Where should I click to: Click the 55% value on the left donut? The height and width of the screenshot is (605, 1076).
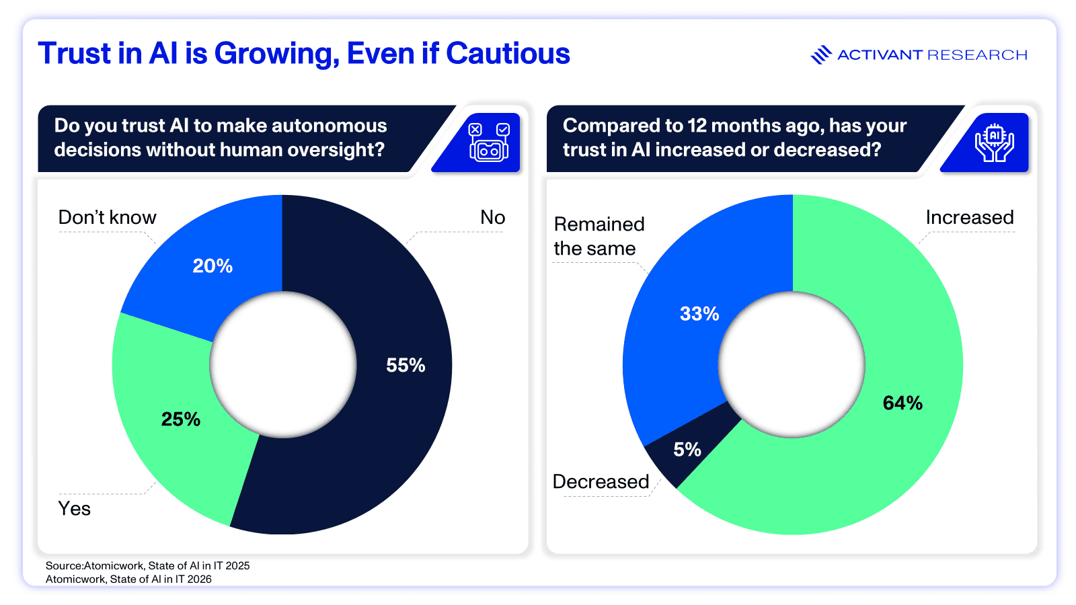406,365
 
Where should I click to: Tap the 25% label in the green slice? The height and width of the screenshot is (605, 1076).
181,419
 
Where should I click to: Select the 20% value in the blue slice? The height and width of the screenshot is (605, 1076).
213,266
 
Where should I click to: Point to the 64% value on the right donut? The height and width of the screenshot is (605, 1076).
902,403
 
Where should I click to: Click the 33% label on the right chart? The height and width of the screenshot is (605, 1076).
699,314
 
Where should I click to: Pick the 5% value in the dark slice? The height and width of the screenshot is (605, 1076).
687,450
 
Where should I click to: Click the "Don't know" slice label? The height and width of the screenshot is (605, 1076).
107,217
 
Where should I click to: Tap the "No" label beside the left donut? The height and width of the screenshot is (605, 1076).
492,217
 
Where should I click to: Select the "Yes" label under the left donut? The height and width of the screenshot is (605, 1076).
74,508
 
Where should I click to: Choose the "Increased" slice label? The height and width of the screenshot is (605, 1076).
969,217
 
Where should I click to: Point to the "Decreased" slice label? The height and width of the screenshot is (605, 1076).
601,481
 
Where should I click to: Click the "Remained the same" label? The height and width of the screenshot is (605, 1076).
599,236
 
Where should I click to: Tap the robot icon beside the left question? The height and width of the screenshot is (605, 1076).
489,142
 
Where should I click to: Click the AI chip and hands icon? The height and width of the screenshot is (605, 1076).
994,142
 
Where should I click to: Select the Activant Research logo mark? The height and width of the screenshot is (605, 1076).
820,54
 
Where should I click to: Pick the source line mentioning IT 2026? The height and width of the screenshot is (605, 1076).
128,579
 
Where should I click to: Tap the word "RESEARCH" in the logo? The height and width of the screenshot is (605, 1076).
977,55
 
